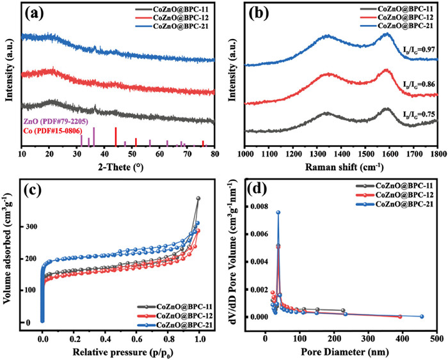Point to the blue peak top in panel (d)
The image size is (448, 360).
[x=278, y=212]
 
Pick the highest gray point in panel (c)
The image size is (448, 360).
[x=198, y=198]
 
